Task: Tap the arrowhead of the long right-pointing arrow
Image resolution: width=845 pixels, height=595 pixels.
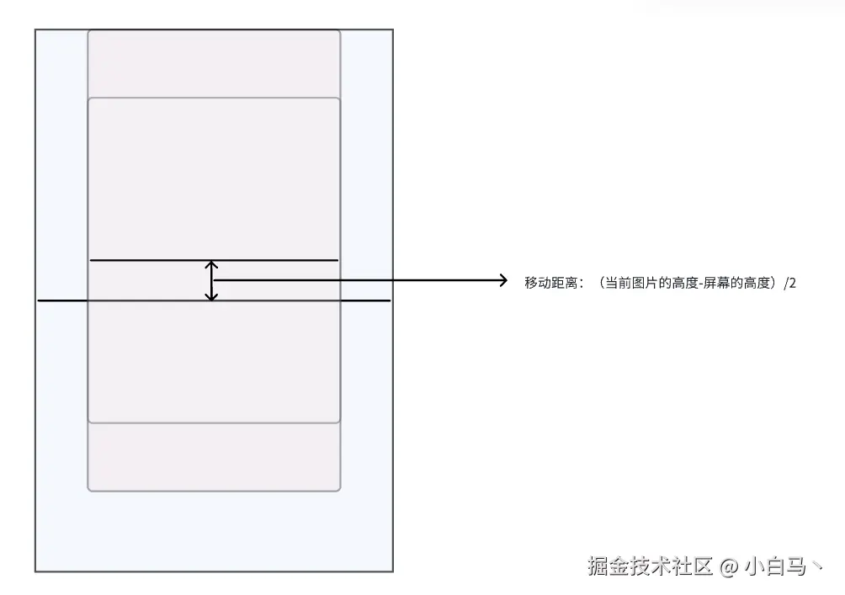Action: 502,280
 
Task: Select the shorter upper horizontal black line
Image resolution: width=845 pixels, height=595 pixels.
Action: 151,261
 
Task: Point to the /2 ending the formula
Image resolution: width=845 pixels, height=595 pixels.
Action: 789,284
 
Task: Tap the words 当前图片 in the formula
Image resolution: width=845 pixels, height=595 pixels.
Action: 624,284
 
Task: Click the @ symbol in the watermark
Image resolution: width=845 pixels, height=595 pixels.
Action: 729,566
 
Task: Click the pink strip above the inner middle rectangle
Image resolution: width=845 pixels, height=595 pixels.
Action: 214,64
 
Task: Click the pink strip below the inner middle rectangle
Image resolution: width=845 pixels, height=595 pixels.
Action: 214,456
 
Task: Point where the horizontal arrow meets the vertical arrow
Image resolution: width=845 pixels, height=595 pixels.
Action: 213,280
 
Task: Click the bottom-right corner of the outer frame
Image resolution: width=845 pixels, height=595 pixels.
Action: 392,571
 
